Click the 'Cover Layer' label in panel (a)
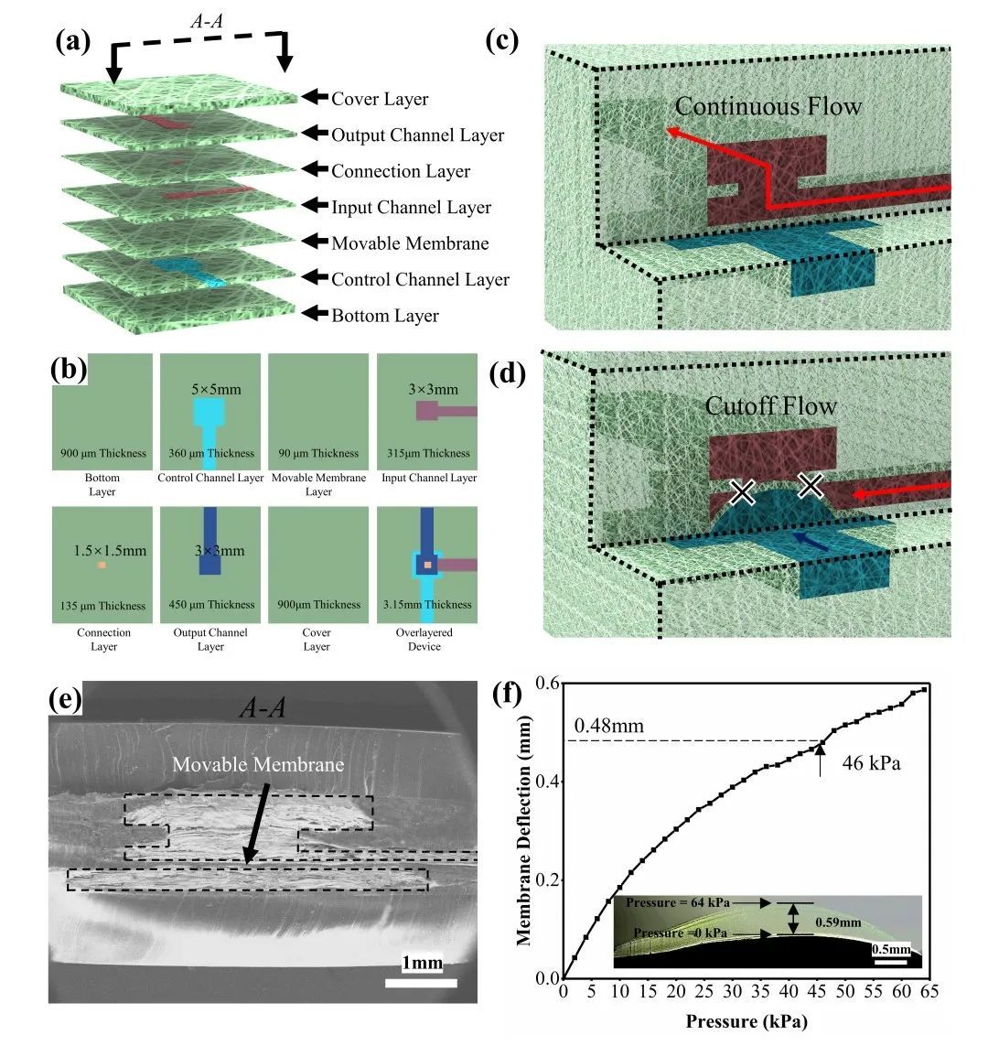380,99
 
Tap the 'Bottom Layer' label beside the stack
385,316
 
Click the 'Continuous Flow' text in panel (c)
768,107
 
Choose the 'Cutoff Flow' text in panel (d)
771,405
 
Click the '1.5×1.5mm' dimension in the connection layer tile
110,551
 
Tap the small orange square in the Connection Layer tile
102,566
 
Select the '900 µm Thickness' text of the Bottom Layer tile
102,453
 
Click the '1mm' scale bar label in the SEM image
422,963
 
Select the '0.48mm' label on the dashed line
608,727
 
